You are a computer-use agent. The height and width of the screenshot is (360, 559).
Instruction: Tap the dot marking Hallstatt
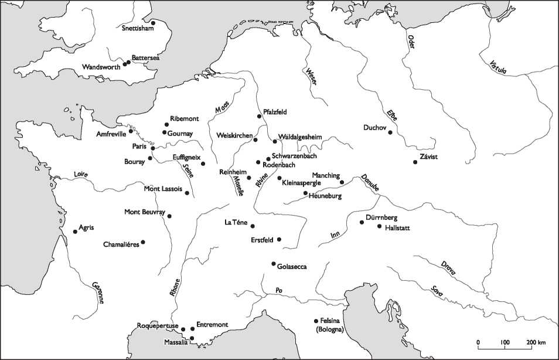379,226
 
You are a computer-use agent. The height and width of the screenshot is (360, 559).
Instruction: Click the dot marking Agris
75,232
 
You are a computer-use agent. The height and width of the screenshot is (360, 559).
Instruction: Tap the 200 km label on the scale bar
537,342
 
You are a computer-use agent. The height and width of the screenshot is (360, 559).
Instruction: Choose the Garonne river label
98,293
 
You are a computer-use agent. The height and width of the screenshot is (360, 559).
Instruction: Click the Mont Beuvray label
145,212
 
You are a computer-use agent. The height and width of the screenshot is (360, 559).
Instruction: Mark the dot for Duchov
390,133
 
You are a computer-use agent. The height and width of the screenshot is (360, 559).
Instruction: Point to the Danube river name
370,182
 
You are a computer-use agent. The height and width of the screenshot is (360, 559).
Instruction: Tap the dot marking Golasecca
274,264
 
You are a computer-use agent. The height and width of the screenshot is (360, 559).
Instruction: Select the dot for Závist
414,162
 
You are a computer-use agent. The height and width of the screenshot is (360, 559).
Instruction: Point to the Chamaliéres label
121,244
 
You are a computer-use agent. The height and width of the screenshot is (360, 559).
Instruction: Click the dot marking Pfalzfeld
259,117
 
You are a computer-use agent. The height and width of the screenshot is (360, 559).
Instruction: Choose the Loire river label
82,174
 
